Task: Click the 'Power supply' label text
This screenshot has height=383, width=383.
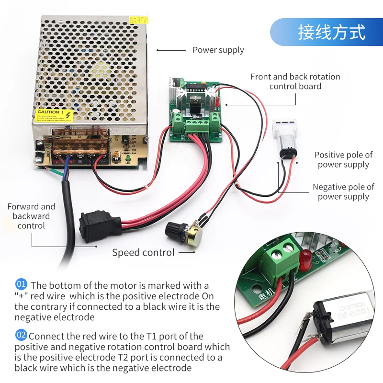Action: point(218,50)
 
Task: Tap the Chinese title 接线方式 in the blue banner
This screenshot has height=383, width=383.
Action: point(331,32)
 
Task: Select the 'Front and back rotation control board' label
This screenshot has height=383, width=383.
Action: point(295,81)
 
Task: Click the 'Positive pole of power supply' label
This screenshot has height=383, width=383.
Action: point(343,160)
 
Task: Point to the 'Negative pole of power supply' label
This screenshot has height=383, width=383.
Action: point(343,191)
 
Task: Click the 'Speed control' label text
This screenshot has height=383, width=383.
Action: point(143,252)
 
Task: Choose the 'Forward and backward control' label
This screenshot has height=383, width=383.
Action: point(31,216)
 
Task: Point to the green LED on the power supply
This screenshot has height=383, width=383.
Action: point(128,159)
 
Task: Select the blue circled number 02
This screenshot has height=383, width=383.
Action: point(22,335)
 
